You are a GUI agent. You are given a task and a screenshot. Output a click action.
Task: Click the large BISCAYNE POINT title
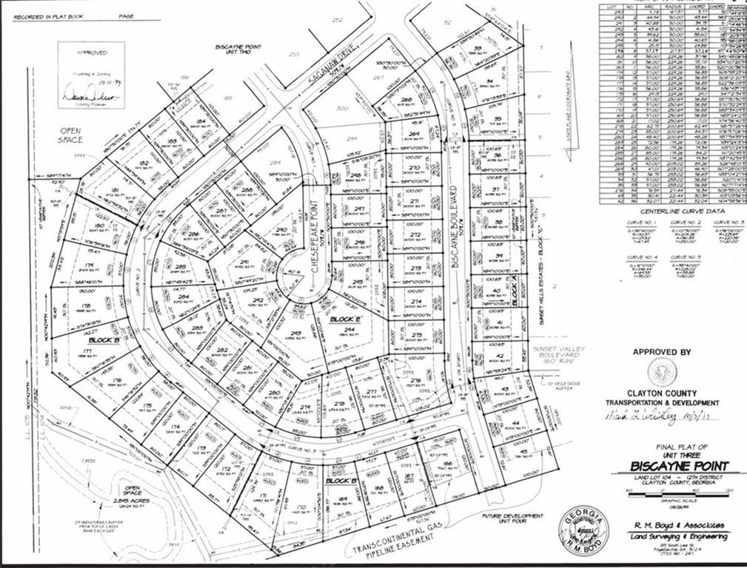pos(679,466)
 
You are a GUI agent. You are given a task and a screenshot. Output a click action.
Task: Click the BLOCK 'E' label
pos(345,319)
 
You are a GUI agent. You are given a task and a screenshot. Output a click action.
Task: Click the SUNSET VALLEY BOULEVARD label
pos(563,354)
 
